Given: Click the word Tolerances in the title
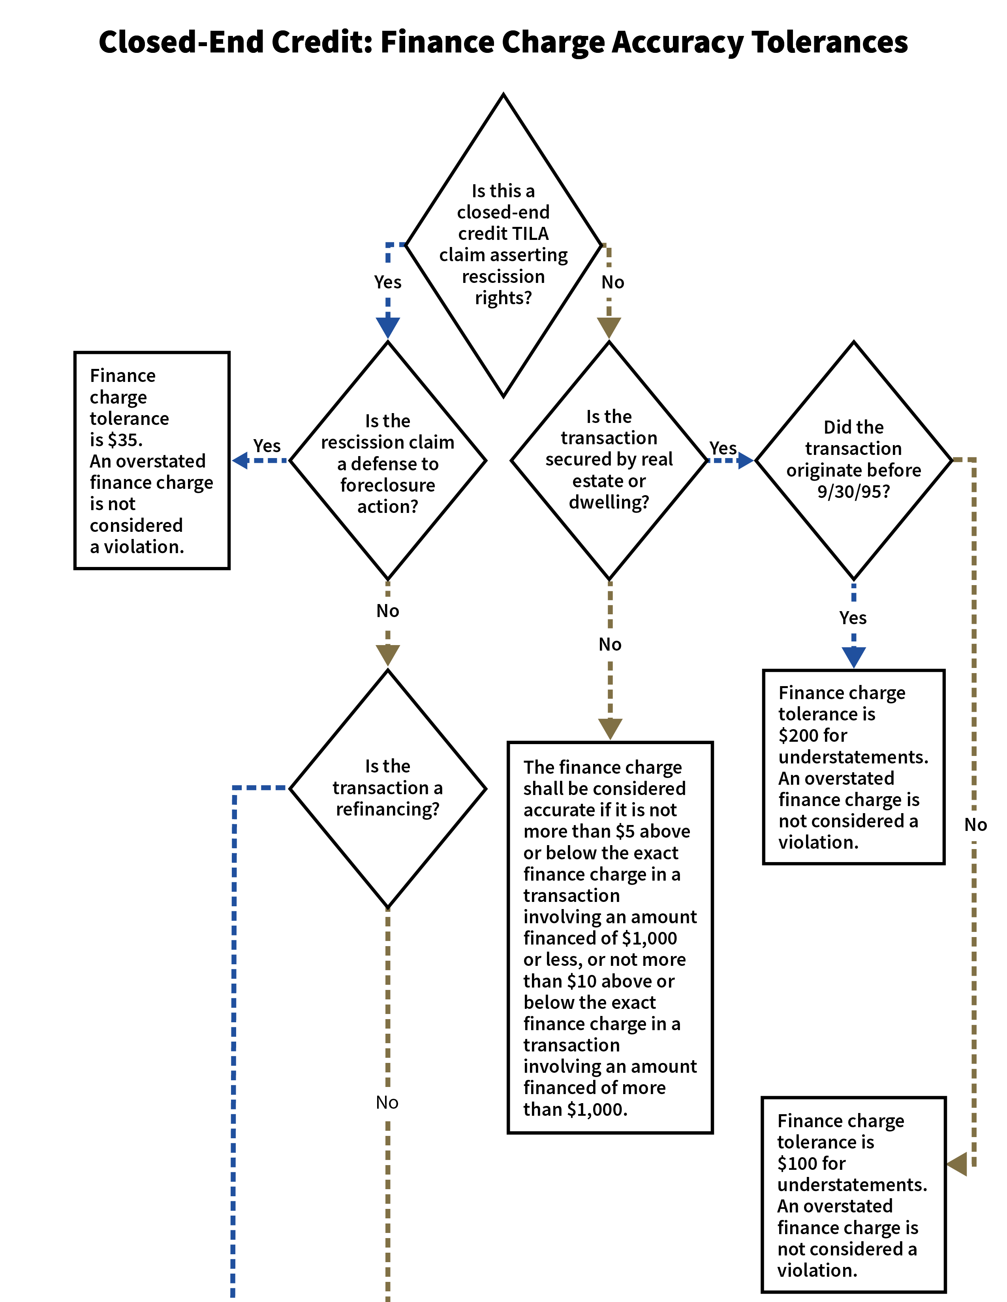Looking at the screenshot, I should [x=829, y=42].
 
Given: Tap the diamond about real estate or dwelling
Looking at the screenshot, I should [x=609, y=459].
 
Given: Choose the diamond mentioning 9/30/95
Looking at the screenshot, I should [x=853, y=459].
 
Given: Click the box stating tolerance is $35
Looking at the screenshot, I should [x=152, y=460].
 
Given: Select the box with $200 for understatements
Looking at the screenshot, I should [x=853, y=767].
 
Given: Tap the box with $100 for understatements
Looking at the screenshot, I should [x=853, y=1195].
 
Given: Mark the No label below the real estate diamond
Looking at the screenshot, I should [x=610, y=644].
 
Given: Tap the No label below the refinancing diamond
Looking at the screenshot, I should [x=387, y=1103].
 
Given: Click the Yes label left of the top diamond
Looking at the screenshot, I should [x=388, y=282].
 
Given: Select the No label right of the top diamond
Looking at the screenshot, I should [x=612, y=282].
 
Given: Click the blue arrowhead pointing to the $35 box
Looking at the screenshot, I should [x=240, y=460].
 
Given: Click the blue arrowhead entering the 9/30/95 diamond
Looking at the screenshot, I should [x=746, y=460].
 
